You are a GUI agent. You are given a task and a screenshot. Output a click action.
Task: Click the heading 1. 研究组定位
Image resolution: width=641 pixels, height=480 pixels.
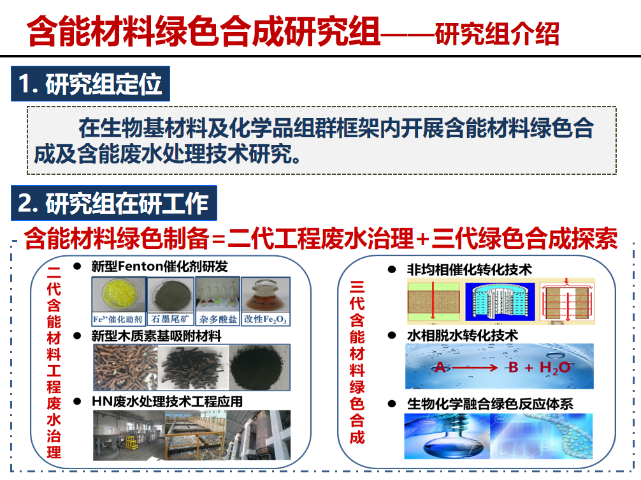pos(90,84)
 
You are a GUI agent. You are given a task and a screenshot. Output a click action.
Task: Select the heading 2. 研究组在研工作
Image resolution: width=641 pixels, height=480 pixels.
pos(113,203)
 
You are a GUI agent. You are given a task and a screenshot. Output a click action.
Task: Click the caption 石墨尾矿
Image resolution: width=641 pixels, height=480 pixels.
pos(171,319)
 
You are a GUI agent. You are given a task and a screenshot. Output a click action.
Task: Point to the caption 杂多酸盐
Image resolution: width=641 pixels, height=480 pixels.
pos(218,319)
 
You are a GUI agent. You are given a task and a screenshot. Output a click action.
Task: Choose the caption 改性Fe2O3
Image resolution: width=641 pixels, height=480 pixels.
pos(266,319)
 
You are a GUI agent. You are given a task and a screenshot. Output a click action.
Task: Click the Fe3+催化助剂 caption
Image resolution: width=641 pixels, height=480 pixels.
pos(118,319)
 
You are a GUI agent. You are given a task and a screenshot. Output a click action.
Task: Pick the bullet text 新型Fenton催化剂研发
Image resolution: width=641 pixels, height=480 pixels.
pos(159,267)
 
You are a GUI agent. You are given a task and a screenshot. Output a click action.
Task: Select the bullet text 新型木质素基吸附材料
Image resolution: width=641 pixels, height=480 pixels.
pos(156,336)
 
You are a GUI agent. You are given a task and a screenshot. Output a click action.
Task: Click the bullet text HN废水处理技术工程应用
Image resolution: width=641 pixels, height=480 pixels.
pos(167,401)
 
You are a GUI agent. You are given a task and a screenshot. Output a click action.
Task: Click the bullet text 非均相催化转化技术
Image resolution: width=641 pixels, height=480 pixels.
pos(470,269)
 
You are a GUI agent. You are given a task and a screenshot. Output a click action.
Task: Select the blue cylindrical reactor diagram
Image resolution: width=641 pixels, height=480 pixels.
pos(500,301)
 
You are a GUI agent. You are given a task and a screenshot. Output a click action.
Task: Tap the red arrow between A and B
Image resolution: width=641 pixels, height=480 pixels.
pos(475,368)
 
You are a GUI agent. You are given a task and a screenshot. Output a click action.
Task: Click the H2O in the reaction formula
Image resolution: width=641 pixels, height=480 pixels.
pos(555,368)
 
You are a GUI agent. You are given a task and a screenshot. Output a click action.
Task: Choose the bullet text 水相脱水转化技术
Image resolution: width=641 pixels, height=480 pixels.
pos(463,336)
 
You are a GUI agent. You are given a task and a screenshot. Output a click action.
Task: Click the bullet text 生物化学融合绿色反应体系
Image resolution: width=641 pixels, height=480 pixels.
pos(490,404)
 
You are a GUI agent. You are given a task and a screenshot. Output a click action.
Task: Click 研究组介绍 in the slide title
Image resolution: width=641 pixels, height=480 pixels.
pos(497,34)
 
